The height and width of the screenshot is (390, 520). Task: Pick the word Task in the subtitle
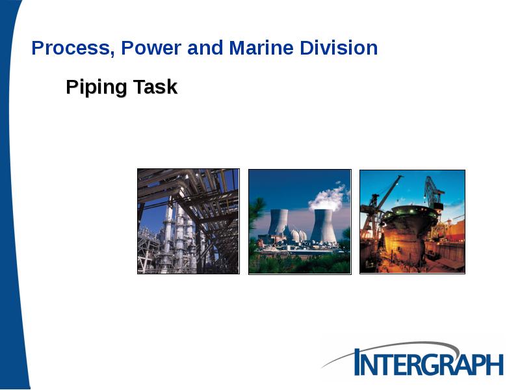coord(155,87)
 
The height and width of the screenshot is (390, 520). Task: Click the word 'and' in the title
coord(203,48)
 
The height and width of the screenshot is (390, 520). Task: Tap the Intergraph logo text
coord(429,362)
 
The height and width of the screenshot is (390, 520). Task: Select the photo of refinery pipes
coord(188,221)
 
